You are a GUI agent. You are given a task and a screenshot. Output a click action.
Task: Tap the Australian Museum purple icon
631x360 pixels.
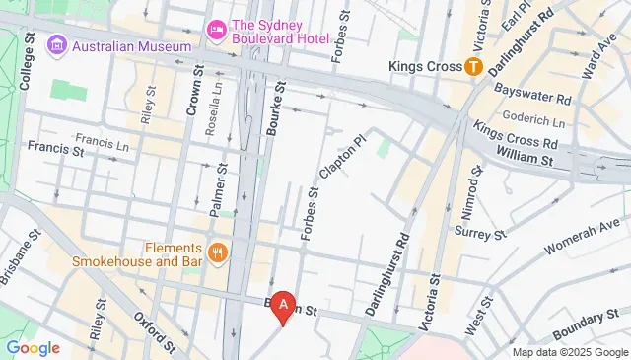pyautogui.click(x=56, y=45)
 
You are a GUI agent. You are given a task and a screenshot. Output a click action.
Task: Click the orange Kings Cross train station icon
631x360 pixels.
pyautogui.click(x=473, y=67)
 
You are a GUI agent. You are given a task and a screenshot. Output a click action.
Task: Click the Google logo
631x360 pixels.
pyautogui.click(x=33, y=347)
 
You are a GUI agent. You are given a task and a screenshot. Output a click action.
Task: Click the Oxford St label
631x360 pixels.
pyautogui.click(x=159, y=332)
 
